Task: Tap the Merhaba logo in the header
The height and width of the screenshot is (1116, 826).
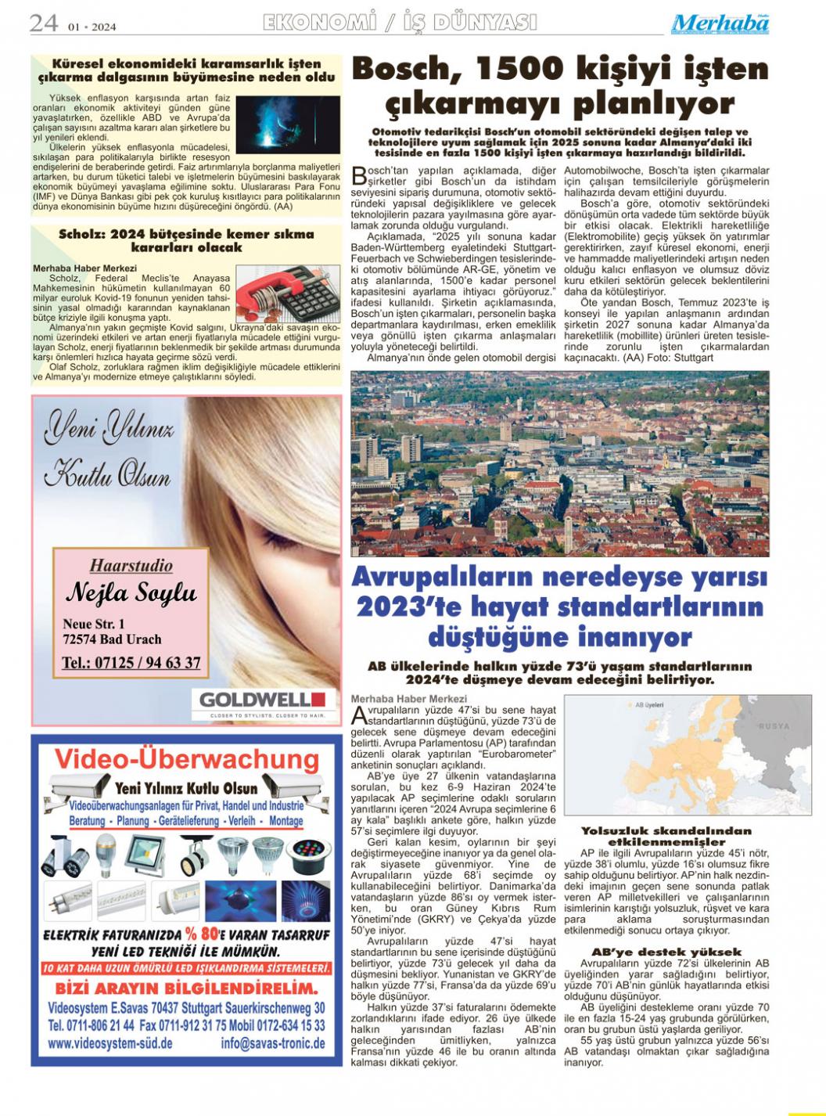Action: tap(720, 23)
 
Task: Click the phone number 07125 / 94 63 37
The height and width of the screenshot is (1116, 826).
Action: tap(131, 663)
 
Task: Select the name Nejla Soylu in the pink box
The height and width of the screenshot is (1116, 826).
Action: tap(131, 593)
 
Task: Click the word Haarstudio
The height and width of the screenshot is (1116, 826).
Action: tap(131, 564)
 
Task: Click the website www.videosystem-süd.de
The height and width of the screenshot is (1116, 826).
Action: tap(110, 1043)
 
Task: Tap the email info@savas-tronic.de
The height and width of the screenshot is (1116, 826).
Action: tap(273, 1043)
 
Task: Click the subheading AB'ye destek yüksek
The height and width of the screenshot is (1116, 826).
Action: tap(666, 952)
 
